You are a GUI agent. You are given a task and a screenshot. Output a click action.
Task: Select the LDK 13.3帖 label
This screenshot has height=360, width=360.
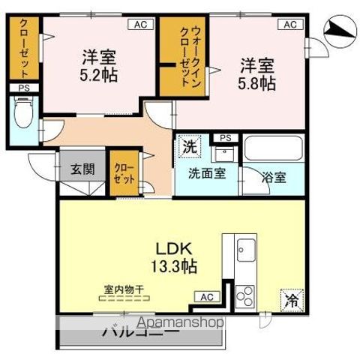point(177,255)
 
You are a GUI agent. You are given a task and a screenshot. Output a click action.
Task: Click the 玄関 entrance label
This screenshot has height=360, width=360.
point(82,169)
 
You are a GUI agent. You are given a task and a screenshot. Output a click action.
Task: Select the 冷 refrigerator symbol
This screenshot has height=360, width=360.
point(291,301)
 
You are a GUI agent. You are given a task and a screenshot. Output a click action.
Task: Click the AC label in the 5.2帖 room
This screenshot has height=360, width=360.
point(140,25)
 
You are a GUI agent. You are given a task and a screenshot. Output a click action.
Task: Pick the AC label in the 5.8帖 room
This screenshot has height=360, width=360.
point(289,25)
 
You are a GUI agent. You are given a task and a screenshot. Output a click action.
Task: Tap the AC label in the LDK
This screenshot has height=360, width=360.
point(205,297)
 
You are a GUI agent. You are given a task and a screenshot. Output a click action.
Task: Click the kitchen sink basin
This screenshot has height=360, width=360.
point(245,247)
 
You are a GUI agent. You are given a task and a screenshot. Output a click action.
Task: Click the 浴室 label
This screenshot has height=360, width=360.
point(273,178)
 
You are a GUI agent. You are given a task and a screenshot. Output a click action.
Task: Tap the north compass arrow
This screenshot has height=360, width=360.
point(338,30)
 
